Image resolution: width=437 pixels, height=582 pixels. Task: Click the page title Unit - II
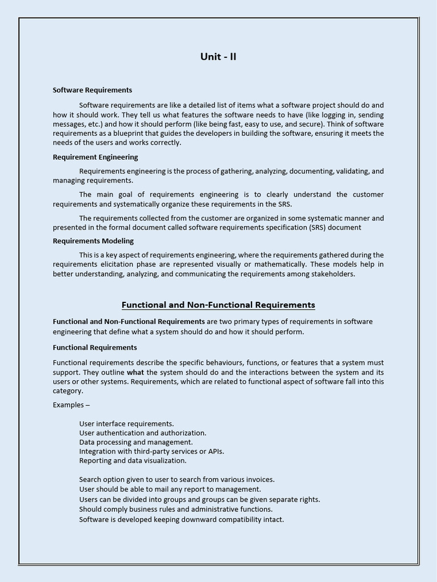[x=218, y=56]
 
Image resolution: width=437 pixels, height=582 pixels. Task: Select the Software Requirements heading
[x=92, y=90]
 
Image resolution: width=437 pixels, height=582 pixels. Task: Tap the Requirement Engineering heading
[x=95, y=157]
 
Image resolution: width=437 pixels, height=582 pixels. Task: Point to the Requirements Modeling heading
[x=93, y=241]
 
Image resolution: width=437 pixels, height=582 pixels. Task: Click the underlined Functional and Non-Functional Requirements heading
[x=218, y=305]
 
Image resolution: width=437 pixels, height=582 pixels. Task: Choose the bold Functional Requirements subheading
[x=94, y=347]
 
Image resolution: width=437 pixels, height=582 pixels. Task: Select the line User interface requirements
[x=126, y=423]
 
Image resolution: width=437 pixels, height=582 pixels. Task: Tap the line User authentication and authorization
[x=142, y=433]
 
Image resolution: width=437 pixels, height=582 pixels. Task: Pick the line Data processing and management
[x=136, y=442]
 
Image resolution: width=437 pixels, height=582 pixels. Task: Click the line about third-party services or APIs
[x=151, y=451]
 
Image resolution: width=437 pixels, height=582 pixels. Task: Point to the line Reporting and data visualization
[x=133, y=460]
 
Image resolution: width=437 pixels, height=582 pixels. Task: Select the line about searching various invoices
[x=176, y=479]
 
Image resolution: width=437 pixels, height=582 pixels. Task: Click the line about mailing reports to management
[x=170, y=489]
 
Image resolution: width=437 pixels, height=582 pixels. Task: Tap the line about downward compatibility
[x=181, y=519]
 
